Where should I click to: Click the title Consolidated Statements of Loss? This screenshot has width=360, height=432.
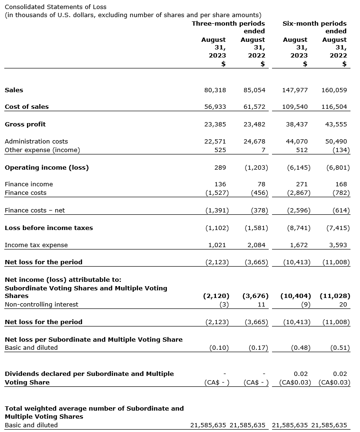[56, 7]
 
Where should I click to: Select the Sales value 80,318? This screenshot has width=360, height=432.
[215, 90]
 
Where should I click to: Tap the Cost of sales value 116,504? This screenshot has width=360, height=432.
[335, 107]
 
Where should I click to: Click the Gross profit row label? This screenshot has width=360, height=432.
[25, 125]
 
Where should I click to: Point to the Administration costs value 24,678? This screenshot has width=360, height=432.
[254, 142]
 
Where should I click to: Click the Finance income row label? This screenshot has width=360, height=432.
[29, 184]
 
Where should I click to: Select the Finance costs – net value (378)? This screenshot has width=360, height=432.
[259, 211]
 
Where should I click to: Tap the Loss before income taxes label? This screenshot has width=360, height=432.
[49, 228]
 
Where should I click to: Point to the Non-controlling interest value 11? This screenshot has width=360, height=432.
[262, 305]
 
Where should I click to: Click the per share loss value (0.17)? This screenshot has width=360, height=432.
[259, 348]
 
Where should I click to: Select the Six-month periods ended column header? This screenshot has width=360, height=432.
[314, 27]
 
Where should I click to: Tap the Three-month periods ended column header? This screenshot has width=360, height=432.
[228, 27]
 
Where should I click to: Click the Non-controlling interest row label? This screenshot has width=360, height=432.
[41, 305]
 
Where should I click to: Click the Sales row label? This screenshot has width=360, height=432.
[14, 90]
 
